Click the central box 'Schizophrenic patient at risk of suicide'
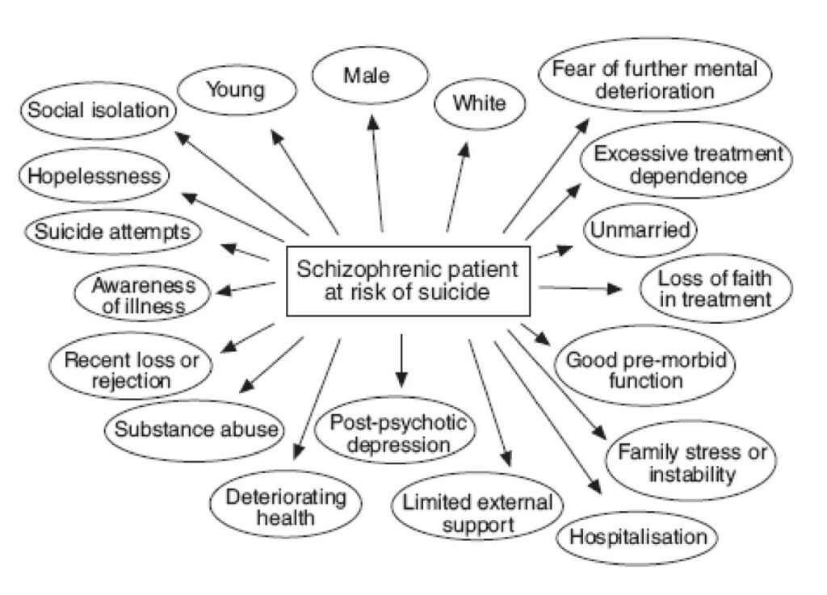[x=408, y=280]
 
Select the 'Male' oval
[x=370, y=75]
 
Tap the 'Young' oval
[x=237, y=90]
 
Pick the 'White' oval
[x=480, y=103]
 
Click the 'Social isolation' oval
[x=99, y=110]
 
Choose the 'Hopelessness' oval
[x=94, y=175]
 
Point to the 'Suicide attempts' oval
[x=113, y=232]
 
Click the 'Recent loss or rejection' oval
[x=130, y=366]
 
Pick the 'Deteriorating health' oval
[x=286, y=504]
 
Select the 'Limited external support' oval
[x=477, y=508]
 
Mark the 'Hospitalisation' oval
[x=638, y=538]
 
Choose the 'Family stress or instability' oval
[x=691, y=460]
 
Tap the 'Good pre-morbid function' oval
[x=644, y=365]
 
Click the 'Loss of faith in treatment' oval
[x=716, y=288]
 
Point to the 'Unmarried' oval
[x=640, y=230]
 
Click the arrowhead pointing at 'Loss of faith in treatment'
[x=615, y=288]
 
